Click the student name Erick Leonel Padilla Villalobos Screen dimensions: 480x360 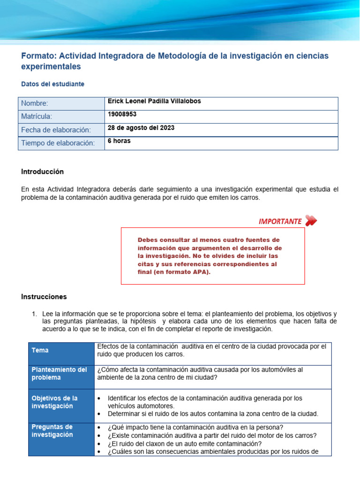coord(154,102)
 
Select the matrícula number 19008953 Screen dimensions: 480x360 coord(122,114)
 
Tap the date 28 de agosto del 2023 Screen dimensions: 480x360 coord(141,128)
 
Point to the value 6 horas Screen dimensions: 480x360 coord(119,141)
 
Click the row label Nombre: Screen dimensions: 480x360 coord(35,104)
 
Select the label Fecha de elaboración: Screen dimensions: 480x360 coord(56,130)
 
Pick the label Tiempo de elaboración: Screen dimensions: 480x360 coord(58,143)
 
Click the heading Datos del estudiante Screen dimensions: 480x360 coord(53,84)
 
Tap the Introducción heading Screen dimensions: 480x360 coord(42,172)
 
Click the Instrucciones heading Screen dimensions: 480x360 coord(44,297)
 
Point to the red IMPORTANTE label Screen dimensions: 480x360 coord(280,222)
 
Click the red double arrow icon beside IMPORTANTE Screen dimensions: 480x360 coord(311,221)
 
